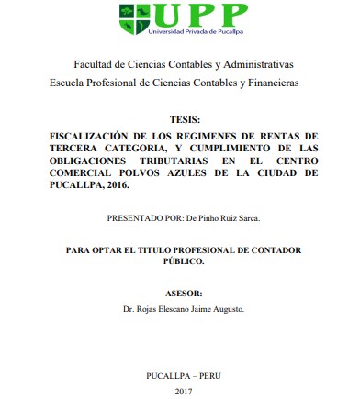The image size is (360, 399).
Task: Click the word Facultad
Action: point(96,65)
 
